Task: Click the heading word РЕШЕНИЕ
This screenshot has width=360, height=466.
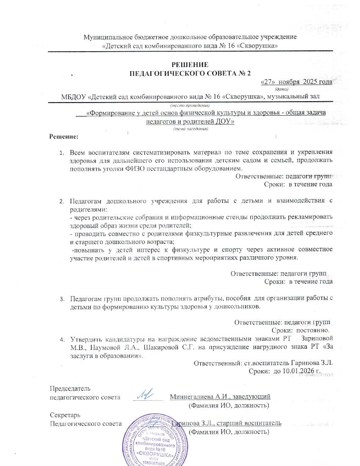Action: click(190, 65)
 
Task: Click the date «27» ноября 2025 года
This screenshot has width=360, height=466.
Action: click(296, 82)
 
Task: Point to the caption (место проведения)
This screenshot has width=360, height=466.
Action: click(190, 105)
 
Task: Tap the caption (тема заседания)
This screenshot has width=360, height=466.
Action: click(190, 129)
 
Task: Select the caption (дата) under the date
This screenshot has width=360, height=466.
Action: click(282, 89)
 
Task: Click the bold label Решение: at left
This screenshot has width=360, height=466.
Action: click(64, 136)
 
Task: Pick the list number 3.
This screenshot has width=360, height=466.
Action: click(62, 298)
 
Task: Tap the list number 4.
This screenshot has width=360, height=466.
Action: click(62, 339)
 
